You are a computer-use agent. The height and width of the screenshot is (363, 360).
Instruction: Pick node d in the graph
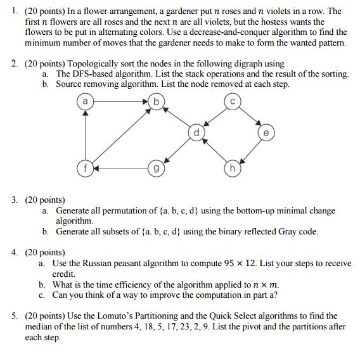(196, 133)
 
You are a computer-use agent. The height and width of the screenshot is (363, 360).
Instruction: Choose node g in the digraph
(155, 169)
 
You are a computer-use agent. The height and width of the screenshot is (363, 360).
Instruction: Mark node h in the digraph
(233, 169)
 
